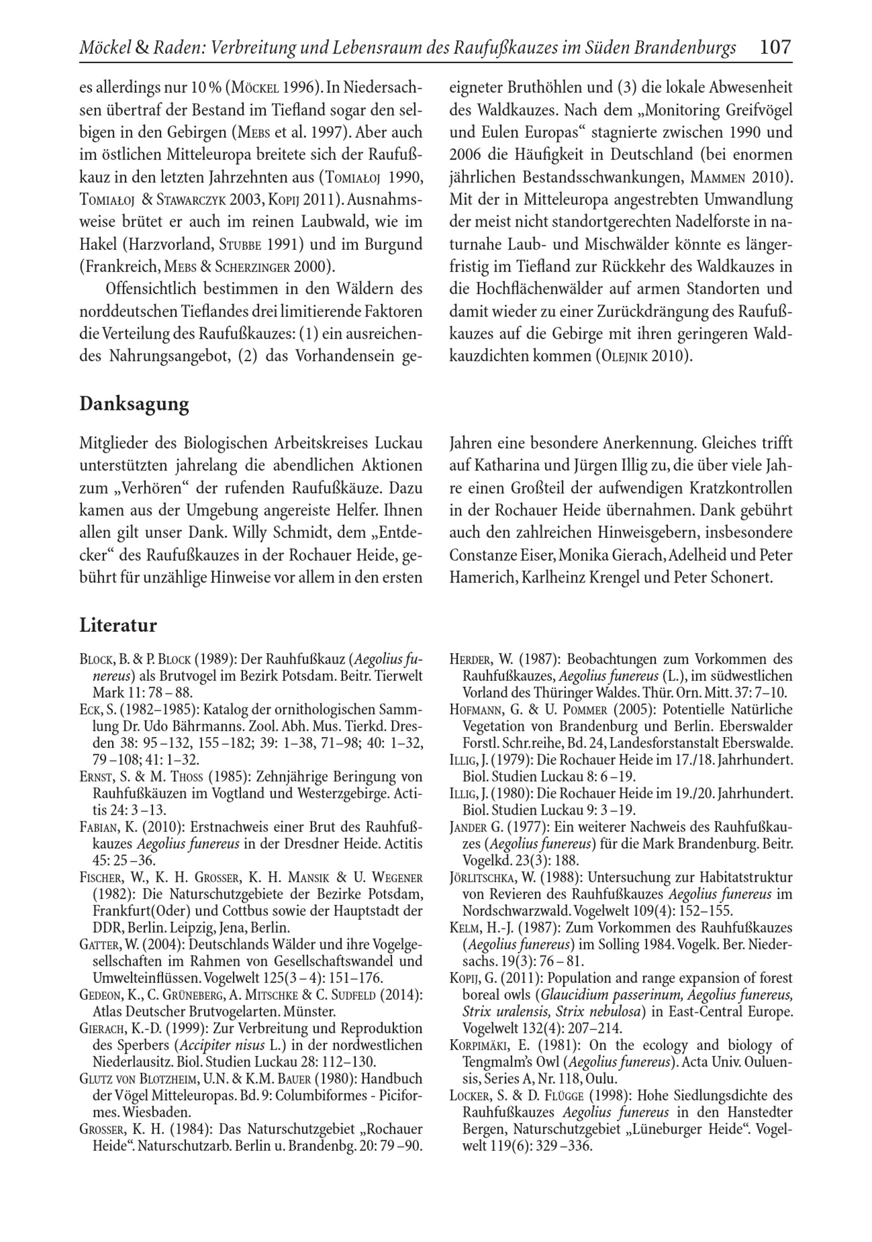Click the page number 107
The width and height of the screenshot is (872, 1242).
[x=775, y=48]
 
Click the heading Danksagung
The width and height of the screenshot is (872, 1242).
[x=134, y=404]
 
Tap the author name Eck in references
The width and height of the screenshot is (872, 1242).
[x=88, y=710]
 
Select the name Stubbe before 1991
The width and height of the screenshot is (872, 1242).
[x=241, y=245]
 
